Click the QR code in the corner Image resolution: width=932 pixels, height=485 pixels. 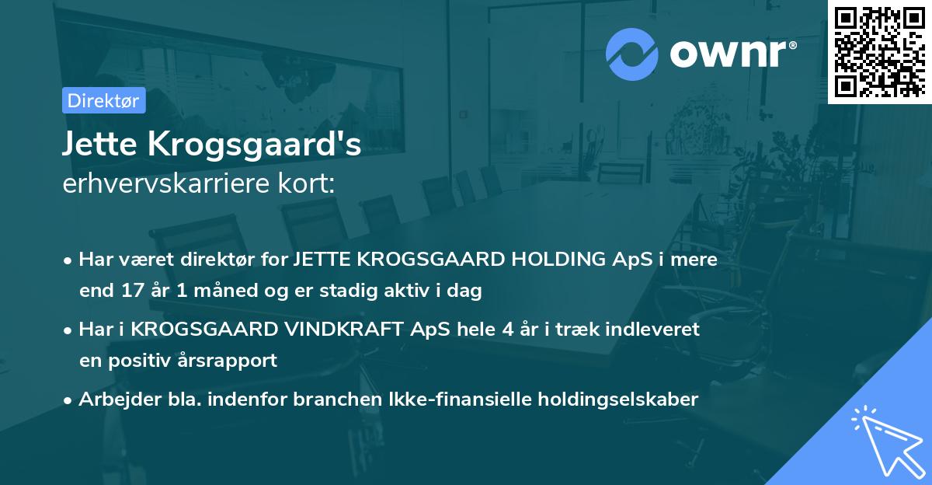(x=879, y=51)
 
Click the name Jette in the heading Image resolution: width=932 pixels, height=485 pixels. (x=95, y=145)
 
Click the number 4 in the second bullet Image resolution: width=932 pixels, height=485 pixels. (x=507, y=329)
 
